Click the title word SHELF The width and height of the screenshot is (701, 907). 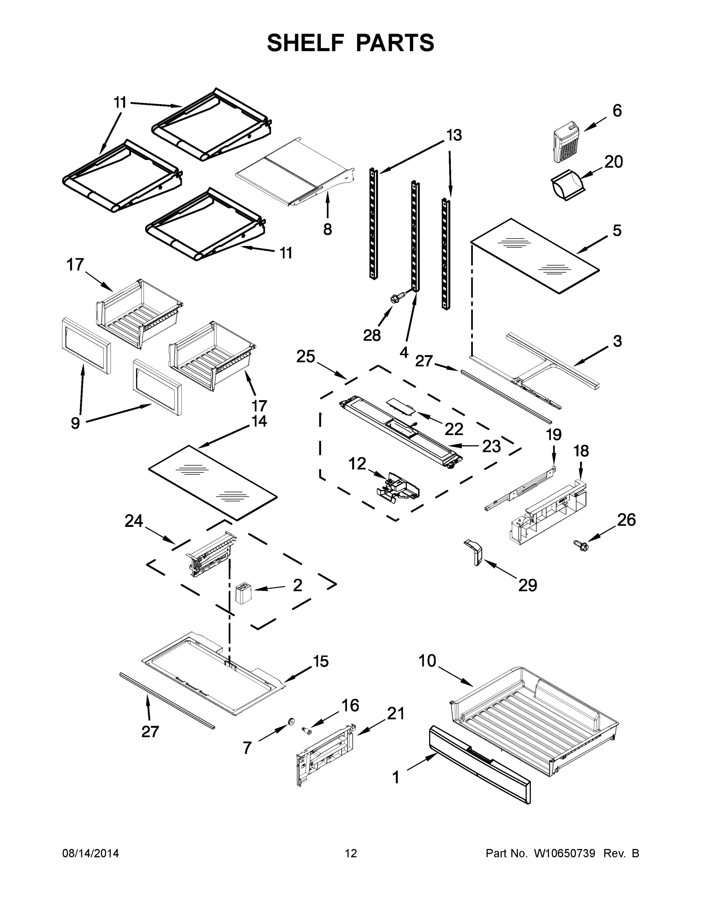[306, 43]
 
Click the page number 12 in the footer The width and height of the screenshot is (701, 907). [351, 853]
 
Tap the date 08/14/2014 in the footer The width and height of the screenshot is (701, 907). [91, 853]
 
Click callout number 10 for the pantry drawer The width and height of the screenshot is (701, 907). [427, 660]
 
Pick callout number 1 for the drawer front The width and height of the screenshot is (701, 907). [395, 777]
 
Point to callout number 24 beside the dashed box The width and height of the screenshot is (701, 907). [134, 521]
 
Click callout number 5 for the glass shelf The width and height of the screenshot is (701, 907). [617, 230]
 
